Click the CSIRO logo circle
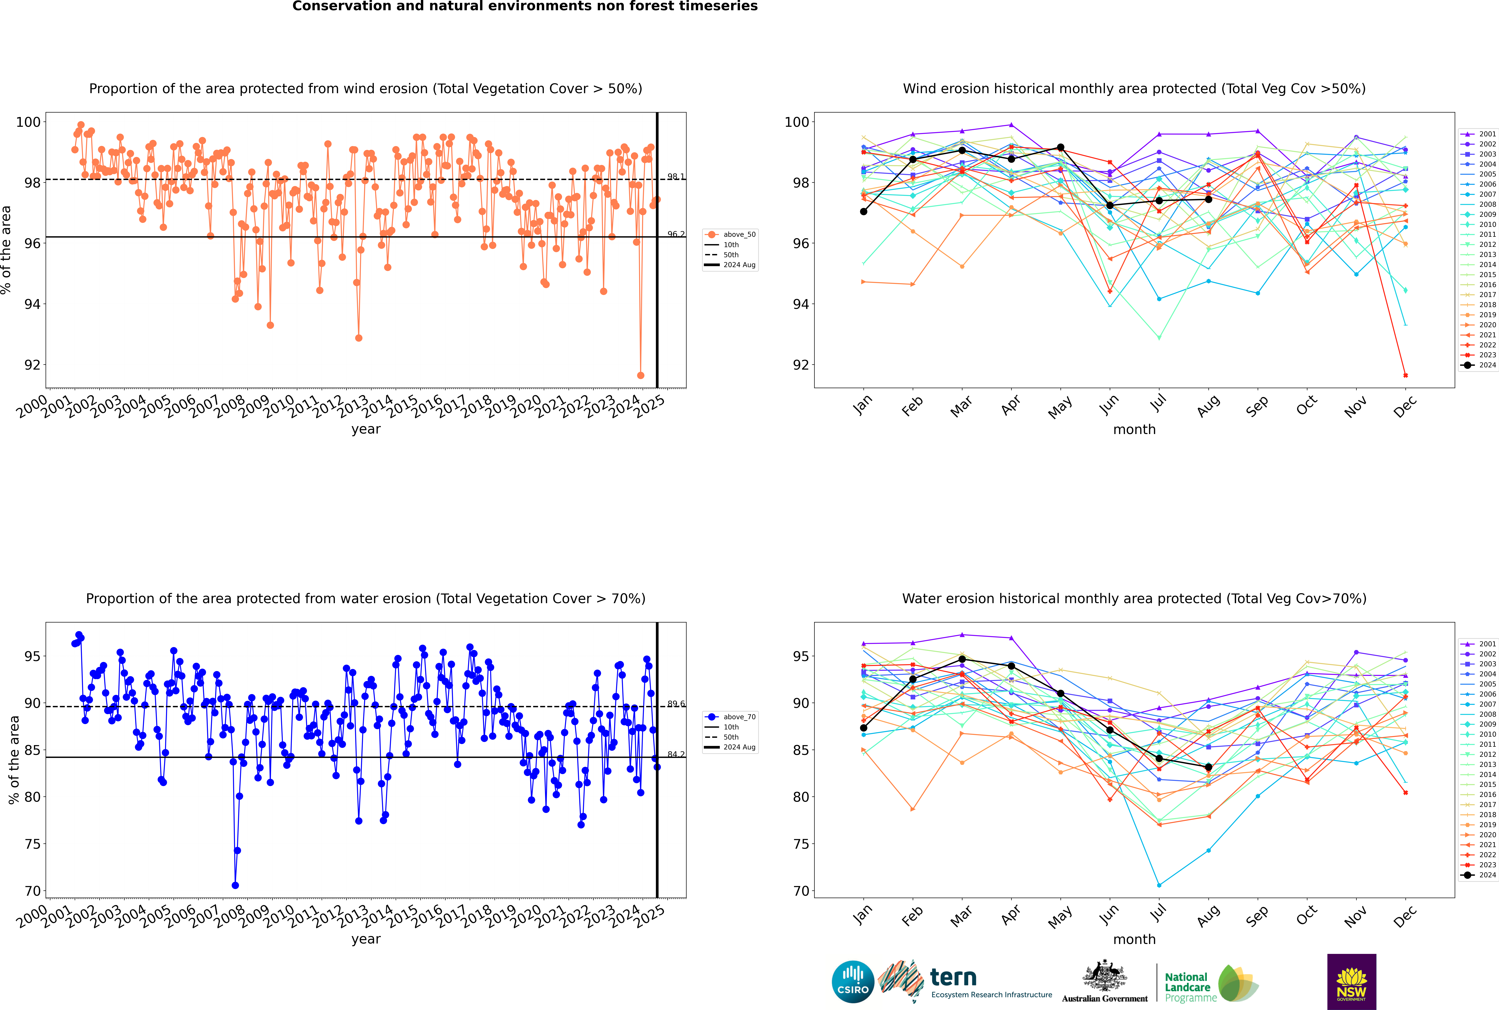(x=853, y=982)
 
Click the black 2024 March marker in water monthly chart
(x=962, y=659)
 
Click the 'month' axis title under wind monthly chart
(x=1134, y=430)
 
